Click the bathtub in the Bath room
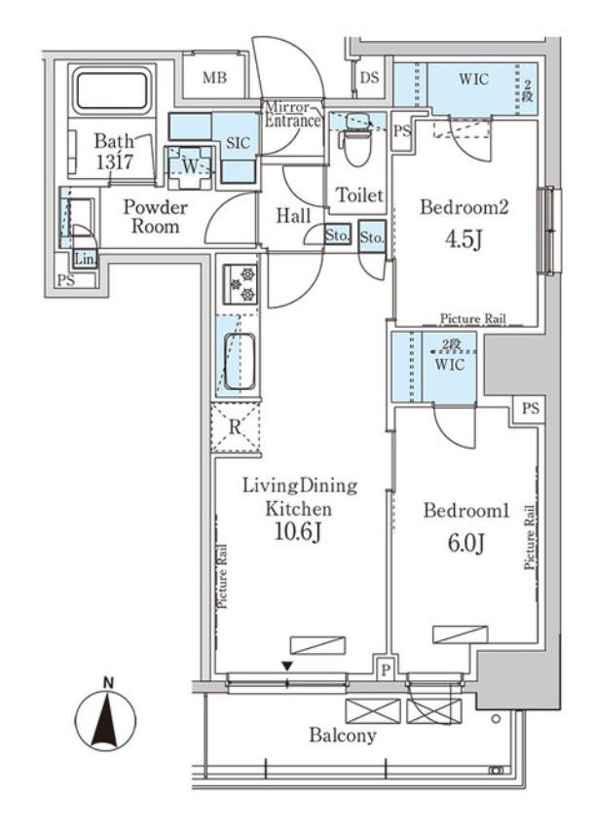tap(112, 91)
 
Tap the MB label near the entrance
tap(215, 78)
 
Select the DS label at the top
tap(370, 77)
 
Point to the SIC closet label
tap(238, 143)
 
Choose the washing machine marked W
tap(189, 166)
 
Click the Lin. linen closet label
tap(84, 259)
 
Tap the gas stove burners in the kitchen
tap(241, 284)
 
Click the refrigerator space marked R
tap(236, 427)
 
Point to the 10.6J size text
tap(298, 533)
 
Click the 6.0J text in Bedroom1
tap(466, 544)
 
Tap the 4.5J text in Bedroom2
tap(464, 240)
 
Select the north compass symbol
tap(106, 719)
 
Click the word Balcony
tap(343, 735)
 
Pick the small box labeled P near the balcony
tap(386, 670)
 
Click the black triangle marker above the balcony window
tap(287, 667)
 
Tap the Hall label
tap(293, 216)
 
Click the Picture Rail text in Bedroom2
tap(473, 319)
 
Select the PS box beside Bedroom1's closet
tap(531, 408)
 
